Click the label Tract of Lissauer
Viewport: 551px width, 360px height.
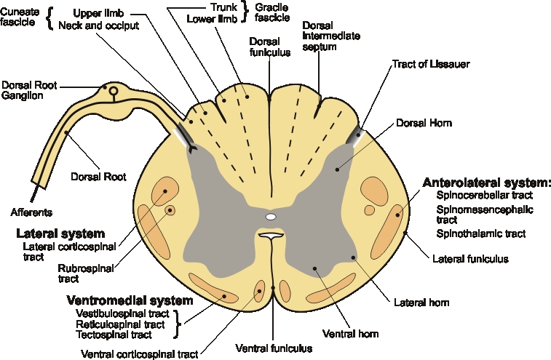[430, 64]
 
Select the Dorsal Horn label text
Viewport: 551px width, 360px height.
[424, 123]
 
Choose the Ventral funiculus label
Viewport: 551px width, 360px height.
[274, 348]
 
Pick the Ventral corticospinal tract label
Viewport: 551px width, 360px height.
[139, 354]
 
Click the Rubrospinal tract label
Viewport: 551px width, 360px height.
[78, 272]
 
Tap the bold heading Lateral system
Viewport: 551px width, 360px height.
[60, 233]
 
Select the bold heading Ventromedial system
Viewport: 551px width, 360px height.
[130, 300]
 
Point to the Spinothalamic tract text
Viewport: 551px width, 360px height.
[481, 233]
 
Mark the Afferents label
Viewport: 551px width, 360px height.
[32, 212]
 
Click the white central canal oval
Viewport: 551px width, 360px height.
[271, 217]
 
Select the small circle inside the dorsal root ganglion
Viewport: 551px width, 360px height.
[114, 91]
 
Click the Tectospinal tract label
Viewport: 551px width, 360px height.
[114, 335]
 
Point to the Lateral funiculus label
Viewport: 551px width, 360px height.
[469, 258]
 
